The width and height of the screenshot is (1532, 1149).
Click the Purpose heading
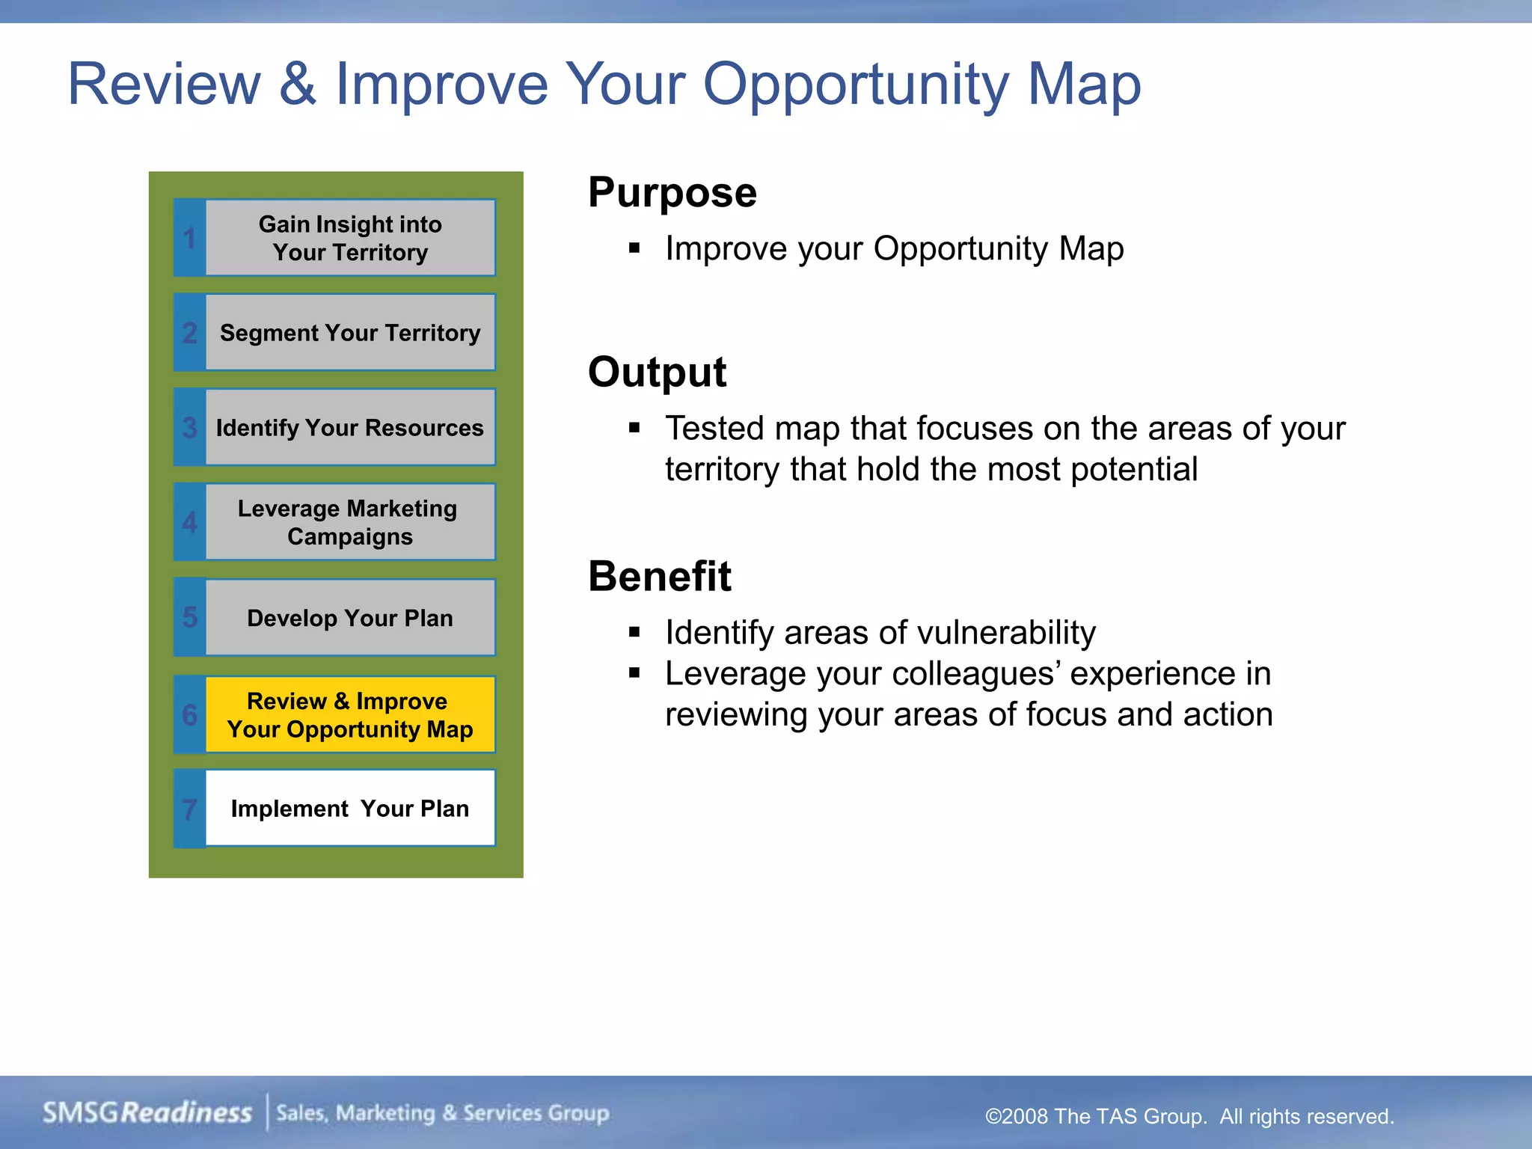[672, 193]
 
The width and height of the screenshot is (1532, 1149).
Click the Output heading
[657, 372]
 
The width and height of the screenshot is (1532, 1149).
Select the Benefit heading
[659, 576]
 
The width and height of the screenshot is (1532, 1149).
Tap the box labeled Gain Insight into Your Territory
[350, 238]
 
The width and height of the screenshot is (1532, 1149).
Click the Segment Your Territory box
[350, 333]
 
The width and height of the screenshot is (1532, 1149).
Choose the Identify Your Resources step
[350, 428]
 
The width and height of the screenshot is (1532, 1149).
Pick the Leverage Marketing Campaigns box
[350, 522]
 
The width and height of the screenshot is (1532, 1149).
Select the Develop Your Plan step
[350, 618]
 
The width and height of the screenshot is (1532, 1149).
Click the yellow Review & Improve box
[350, 714]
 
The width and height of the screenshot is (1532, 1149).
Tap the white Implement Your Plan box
[350, 809]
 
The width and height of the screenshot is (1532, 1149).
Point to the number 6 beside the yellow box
[190, 715]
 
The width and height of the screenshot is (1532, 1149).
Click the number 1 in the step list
[190, 239]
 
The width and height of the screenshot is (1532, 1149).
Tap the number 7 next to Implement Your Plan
[190, 809]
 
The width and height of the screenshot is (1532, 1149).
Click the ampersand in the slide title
[298, 84]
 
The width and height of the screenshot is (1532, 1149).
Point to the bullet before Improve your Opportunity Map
[634, 248]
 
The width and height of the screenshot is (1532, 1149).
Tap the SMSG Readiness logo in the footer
[147, 1112]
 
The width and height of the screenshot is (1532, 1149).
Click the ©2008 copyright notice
[1189, 1116]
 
